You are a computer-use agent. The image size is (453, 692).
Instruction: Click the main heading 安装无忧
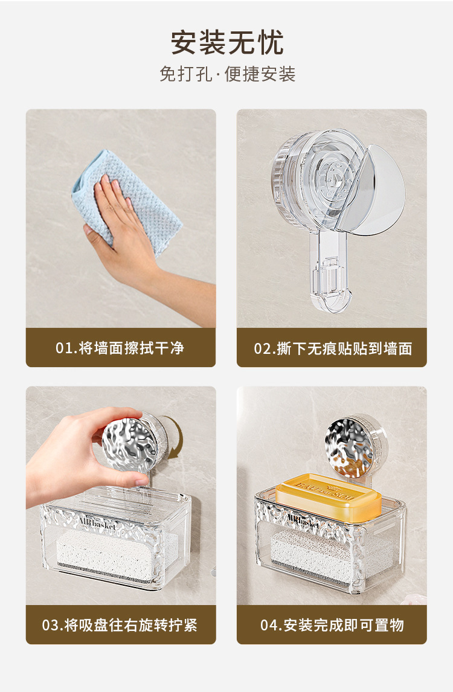pos(227,43)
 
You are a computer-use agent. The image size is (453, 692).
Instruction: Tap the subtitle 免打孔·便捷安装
pos(227,74)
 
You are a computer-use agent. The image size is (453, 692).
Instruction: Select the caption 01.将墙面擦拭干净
pos(120,348)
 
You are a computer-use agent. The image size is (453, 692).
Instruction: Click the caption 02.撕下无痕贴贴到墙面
pos(333,348)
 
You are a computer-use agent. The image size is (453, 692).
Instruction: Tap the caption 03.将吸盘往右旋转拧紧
pos(120,626)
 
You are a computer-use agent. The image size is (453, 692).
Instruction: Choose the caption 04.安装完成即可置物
pos(332,626)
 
